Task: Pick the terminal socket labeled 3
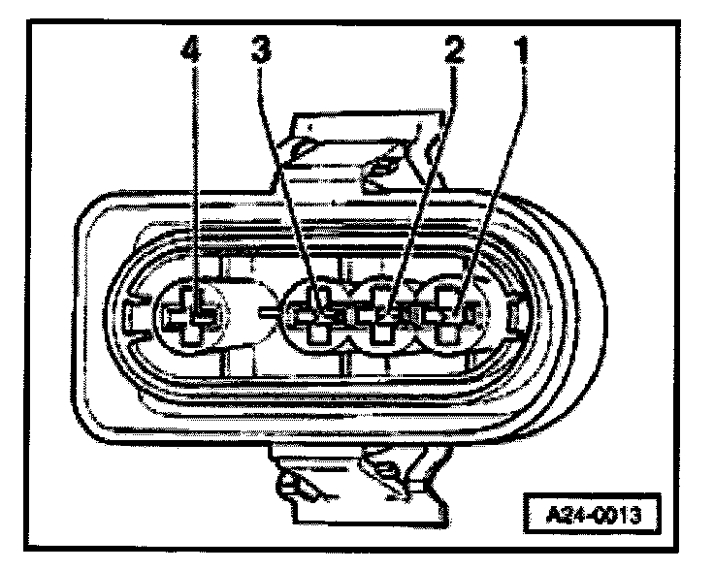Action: (321, 316)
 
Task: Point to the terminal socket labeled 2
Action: (383, 316)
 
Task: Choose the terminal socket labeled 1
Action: (446, 316)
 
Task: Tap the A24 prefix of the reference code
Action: (565, 510)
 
